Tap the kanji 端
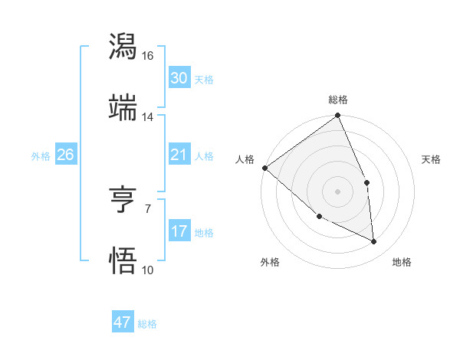coord(123,108)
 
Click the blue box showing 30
coord(179,77)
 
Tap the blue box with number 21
coord(179,155)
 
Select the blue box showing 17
coord(179,231)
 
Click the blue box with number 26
coord(65,155)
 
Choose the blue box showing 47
coord(123,322)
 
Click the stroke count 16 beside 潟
coord(148,56)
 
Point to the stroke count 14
coord(148,117)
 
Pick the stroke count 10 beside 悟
coord(148,270)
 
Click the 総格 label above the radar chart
coord(338,100)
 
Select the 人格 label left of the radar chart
coord(245,159)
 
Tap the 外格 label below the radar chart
coord(270,262)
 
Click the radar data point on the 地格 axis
coord(374,242)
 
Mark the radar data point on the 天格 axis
coord(367,182)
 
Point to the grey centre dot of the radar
coord(337,191)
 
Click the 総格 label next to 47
coord(147,324)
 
